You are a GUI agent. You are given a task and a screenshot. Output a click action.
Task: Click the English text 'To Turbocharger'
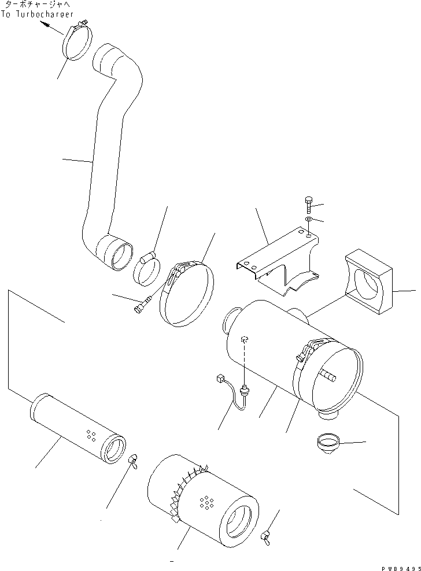pyautogui.click(x=37, y=15)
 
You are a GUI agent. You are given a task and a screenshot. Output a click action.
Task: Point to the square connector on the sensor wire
pyautogui.click(x=219, y=379)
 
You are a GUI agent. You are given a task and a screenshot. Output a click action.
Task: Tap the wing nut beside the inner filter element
pyautogui.click(x=132, y=459)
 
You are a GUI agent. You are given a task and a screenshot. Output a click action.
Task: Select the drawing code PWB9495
pyautogui.click(x=398, y=568)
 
